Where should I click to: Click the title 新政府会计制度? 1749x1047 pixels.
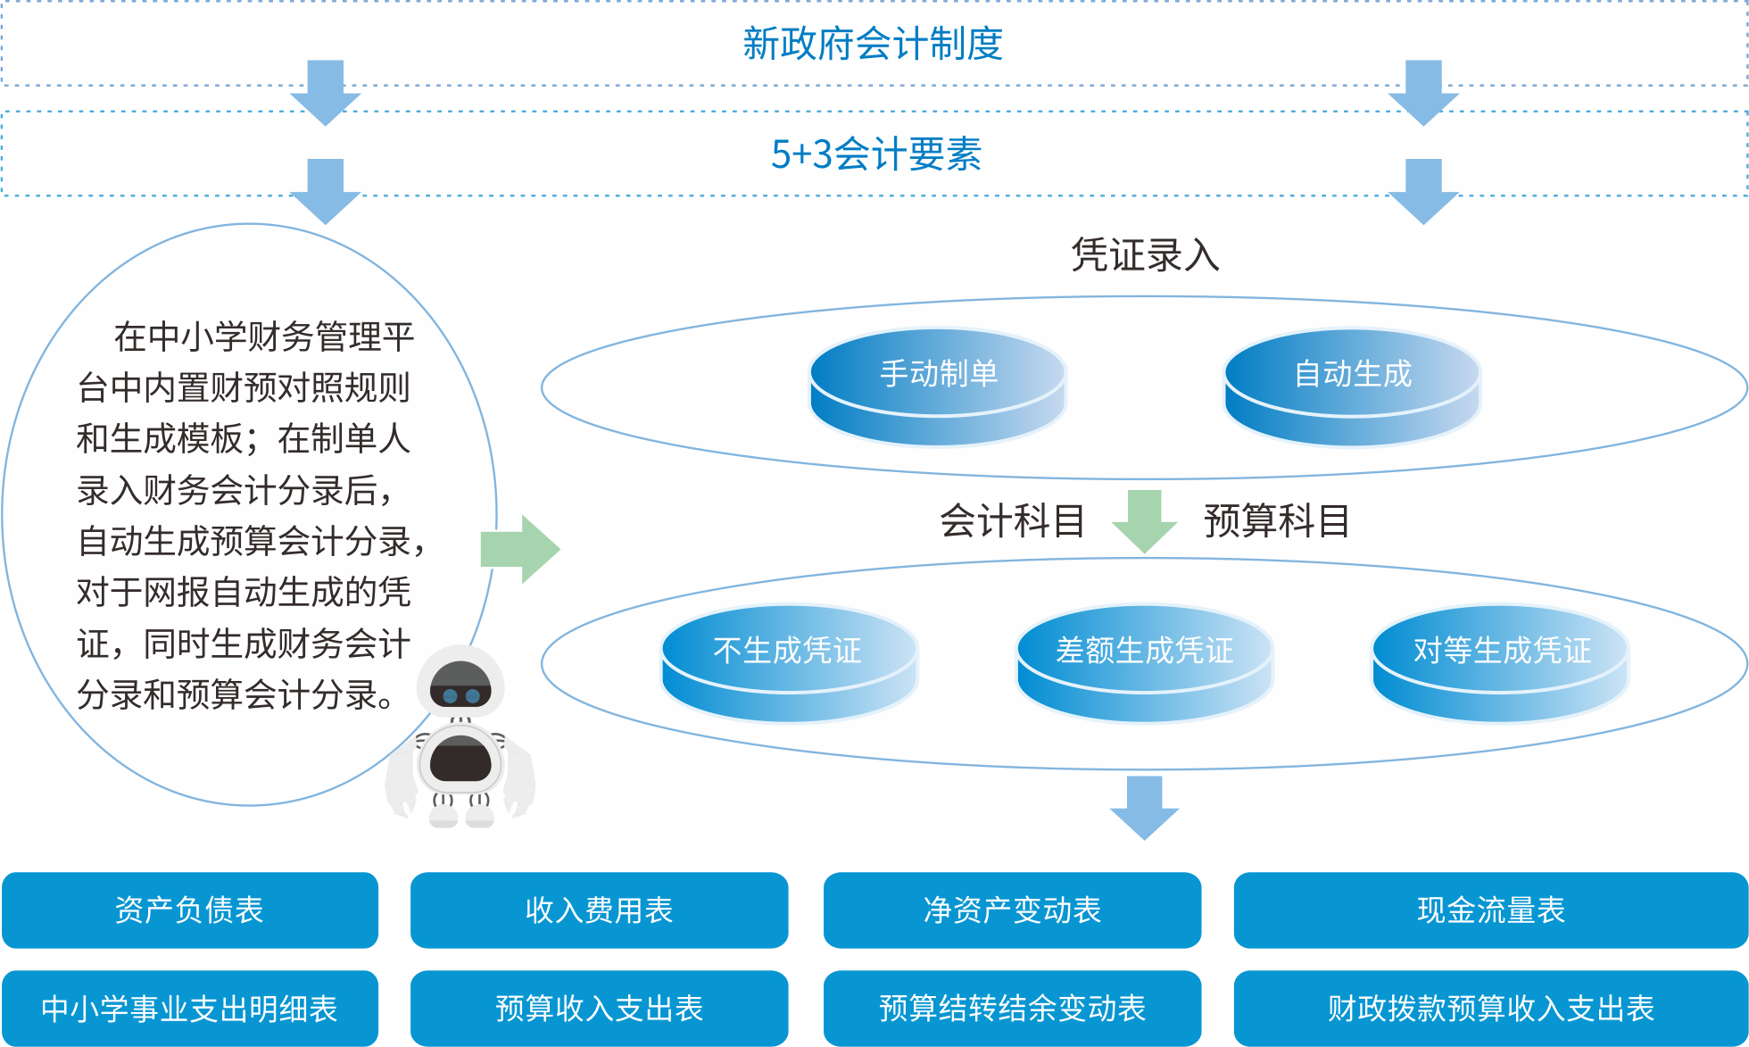[x=873, y=44]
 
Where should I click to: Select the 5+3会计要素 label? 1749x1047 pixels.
[x=875, y=154]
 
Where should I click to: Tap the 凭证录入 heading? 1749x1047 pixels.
[x=1145, y=255]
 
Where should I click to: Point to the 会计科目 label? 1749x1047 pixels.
[x=1012, y=520]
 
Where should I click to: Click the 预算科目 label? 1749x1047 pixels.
[x=1276, y=520]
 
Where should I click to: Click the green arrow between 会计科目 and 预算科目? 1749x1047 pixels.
[x=1145, y=520]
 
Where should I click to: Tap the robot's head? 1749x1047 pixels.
[x=460, y=686]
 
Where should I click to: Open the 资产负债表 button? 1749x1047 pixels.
[x=190, y=910]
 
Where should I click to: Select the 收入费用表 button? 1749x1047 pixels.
[x=599, y=910]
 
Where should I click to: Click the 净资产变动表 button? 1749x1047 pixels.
[x=1012, y=910]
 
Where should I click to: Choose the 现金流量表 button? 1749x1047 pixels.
[x=1490, y=910]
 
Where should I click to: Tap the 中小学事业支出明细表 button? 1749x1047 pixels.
[x=190, y=1009]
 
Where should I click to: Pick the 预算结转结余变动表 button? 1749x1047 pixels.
[x=1012, y=1009]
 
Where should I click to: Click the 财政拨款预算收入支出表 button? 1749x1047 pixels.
[x=1490, y=1009]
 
